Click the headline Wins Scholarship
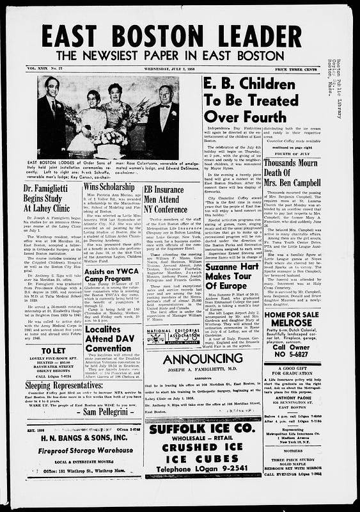(111, 186)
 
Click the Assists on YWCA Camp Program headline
(109, 259)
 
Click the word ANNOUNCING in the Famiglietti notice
(202, 358)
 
